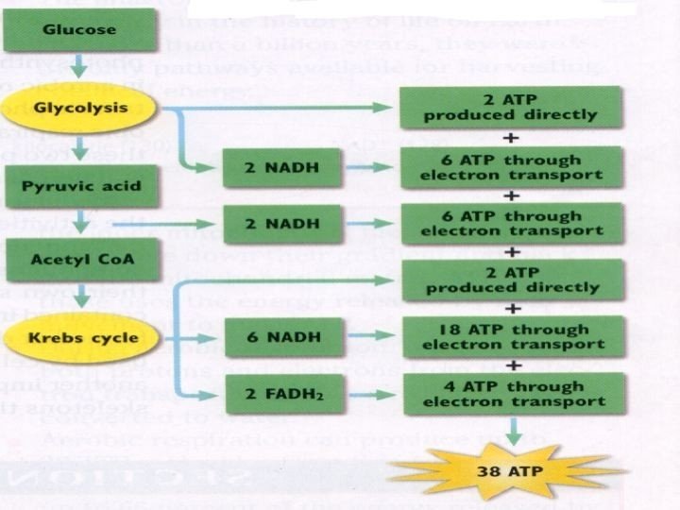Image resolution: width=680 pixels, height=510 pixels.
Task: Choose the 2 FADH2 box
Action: click(x=268, y=393)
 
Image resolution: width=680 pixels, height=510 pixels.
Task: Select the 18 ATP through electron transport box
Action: click(x=512, y=338)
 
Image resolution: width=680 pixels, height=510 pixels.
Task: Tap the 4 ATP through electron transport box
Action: click(x=512, y=392)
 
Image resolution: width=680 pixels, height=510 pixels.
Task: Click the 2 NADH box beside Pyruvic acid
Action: click(x=268, y=168)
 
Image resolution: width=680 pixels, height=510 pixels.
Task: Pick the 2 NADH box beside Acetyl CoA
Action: click(x=268, y=223)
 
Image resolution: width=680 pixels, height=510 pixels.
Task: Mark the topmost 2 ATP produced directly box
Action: click(x=511, y=108)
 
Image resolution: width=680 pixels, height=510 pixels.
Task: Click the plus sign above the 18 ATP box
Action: click(x=511, y=309)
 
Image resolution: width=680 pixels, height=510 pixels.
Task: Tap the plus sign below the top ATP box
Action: click(x=511, y=138)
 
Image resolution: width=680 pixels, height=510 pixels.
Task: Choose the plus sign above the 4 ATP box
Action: click(x=511, y=365)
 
